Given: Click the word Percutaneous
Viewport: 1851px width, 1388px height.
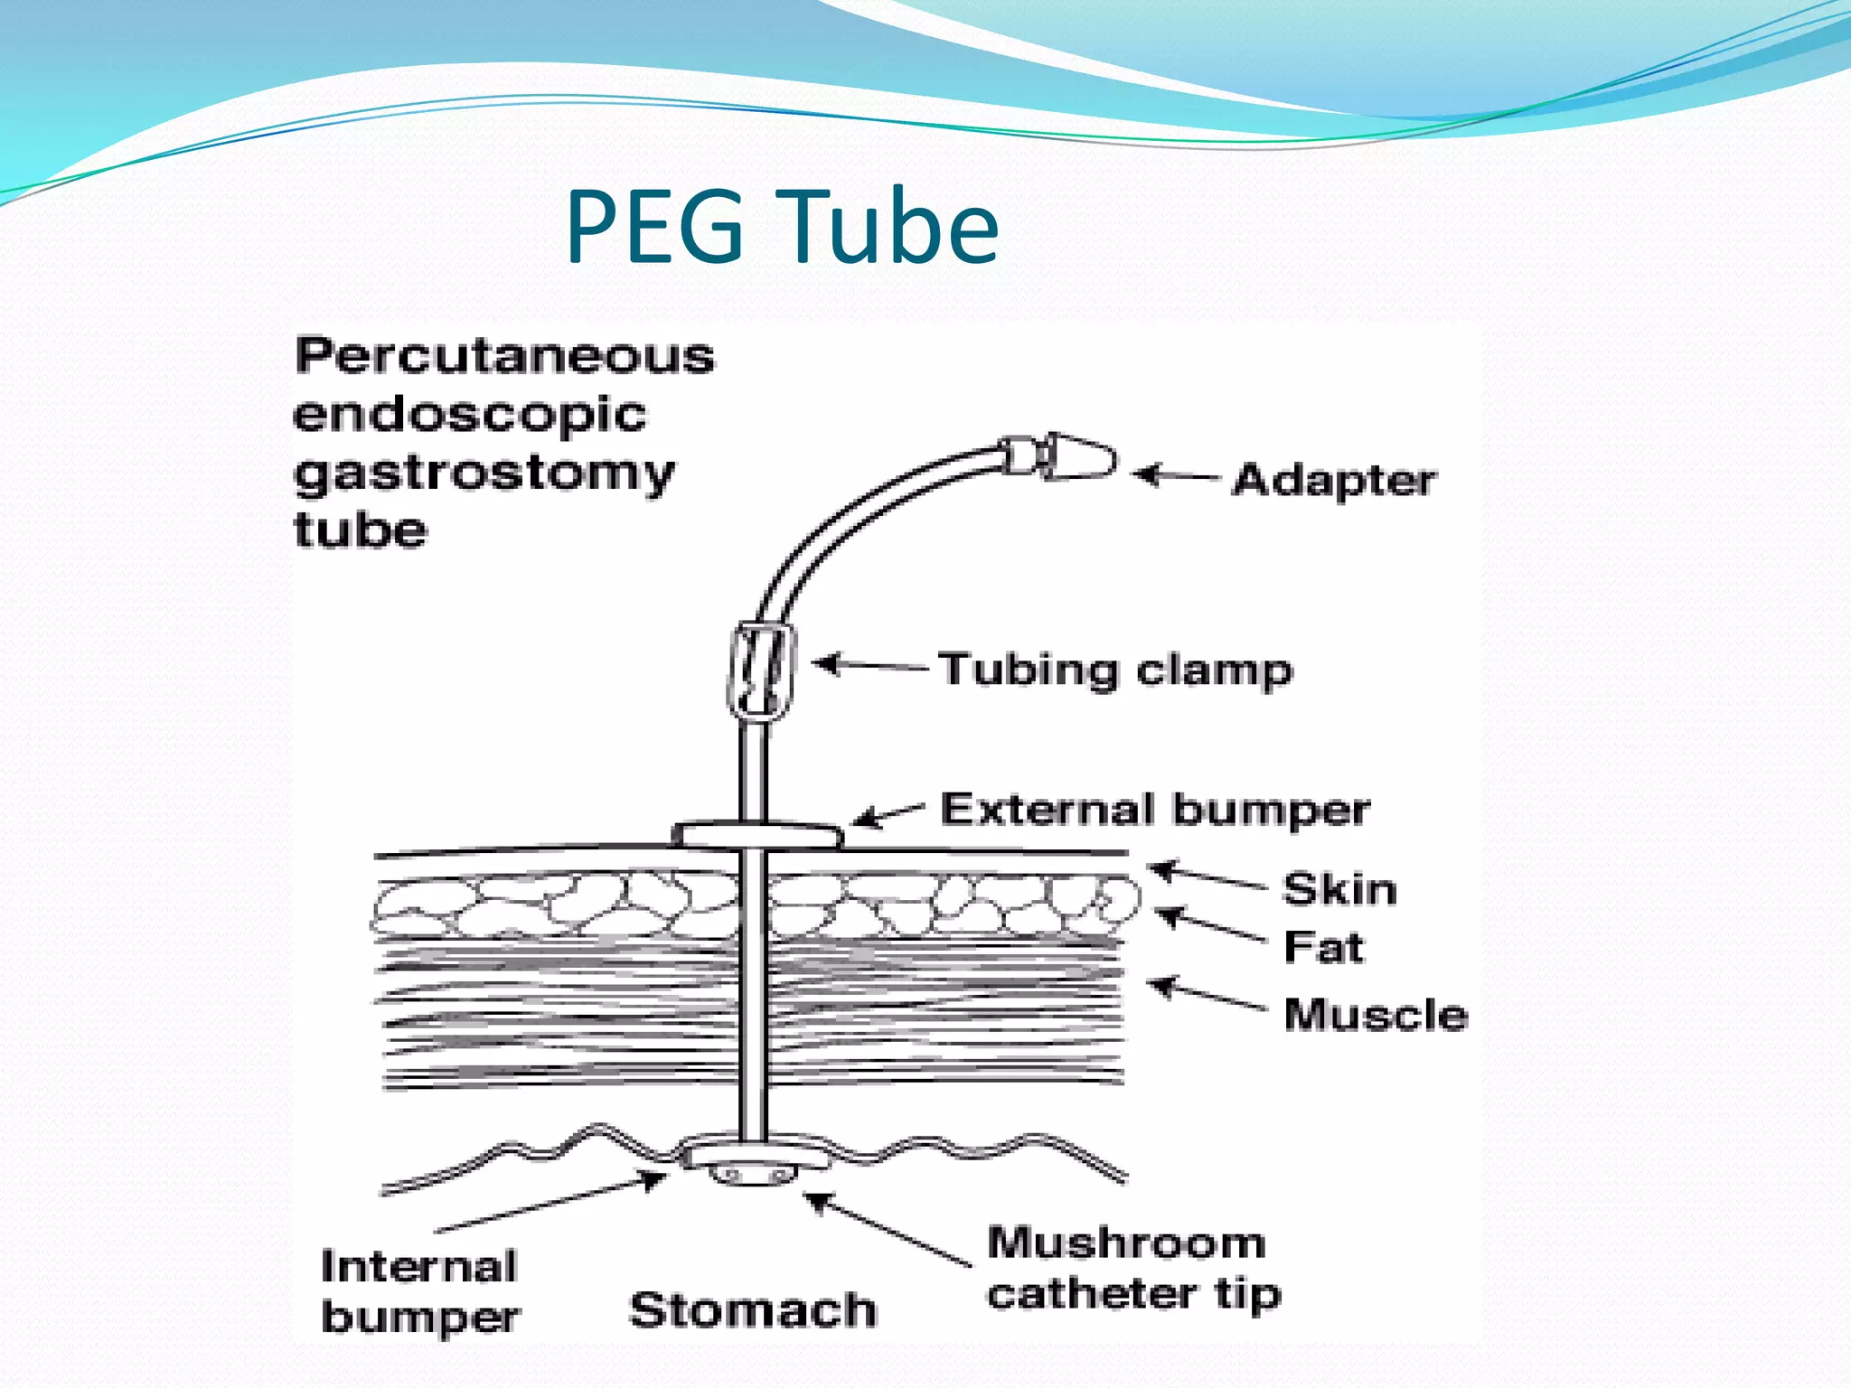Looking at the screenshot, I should [x=504, y=355].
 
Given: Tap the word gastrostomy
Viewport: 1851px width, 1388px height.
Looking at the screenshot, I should [x=484, y=474].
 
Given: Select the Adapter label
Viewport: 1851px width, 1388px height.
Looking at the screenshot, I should [x=1334, y=479].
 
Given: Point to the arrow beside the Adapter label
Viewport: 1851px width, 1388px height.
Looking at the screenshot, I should [x=1175, y=475].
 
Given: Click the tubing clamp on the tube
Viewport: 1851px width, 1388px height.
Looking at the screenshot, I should [x=761, y=671].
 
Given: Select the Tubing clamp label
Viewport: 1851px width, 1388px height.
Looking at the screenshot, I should [x=1115, y=670].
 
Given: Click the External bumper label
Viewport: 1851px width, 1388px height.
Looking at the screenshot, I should [x=1155, y=809].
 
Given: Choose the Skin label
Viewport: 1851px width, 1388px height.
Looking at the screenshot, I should [x=1339, y=889].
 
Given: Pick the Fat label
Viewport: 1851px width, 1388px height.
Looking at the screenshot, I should [x=1323, y=947].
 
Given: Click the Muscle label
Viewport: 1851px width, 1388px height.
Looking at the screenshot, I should [x=1376, y=1014].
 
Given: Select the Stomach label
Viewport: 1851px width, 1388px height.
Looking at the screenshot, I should [x=753, y=1309].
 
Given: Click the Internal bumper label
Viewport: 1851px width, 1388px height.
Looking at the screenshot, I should [x=419, y=1291].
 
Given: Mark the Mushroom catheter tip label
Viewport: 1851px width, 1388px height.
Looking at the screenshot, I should [x=1133, y=1268].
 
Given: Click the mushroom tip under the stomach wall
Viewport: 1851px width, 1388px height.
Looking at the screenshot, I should [x=752, y=1175].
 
